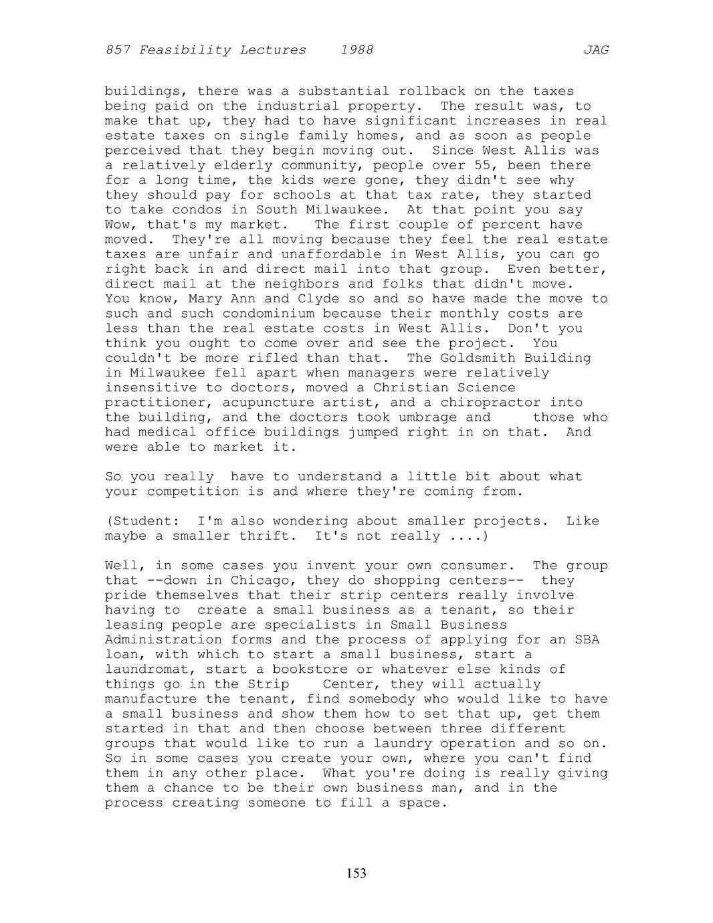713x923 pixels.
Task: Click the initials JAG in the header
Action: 595,50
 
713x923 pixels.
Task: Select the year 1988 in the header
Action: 356,50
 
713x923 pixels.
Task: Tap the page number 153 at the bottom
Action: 356,873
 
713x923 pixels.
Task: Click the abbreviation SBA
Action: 587,639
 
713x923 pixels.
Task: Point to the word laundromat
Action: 147,669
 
